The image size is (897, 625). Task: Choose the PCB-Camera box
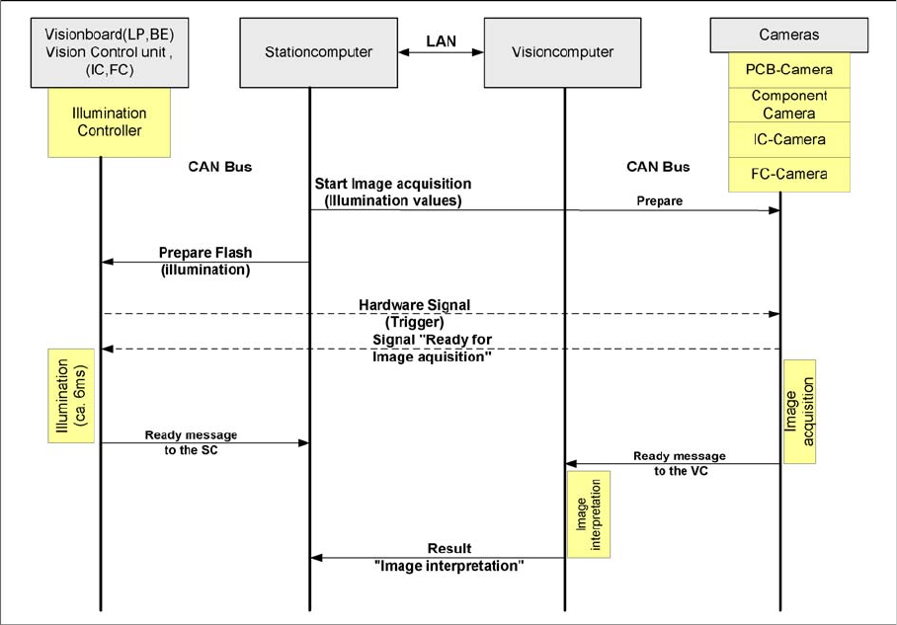pos(789,71)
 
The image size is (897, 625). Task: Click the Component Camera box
pos(789,105)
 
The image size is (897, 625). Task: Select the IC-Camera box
pos(789,139)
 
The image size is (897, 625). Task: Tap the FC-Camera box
pos(789,174)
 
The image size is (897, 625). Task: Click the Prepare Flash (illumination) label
pos(205,261)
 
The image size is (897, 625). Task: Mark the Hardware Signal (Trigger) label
pos(415,312)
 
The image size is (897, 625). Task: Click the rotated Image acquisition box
pos(797,410)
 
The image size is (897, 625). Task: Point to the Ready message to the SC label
pos(192,440)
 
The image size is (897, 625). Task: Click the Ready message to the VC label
pos(679,462)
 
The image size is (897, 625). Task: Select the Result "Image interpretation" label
pos(449,557)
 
